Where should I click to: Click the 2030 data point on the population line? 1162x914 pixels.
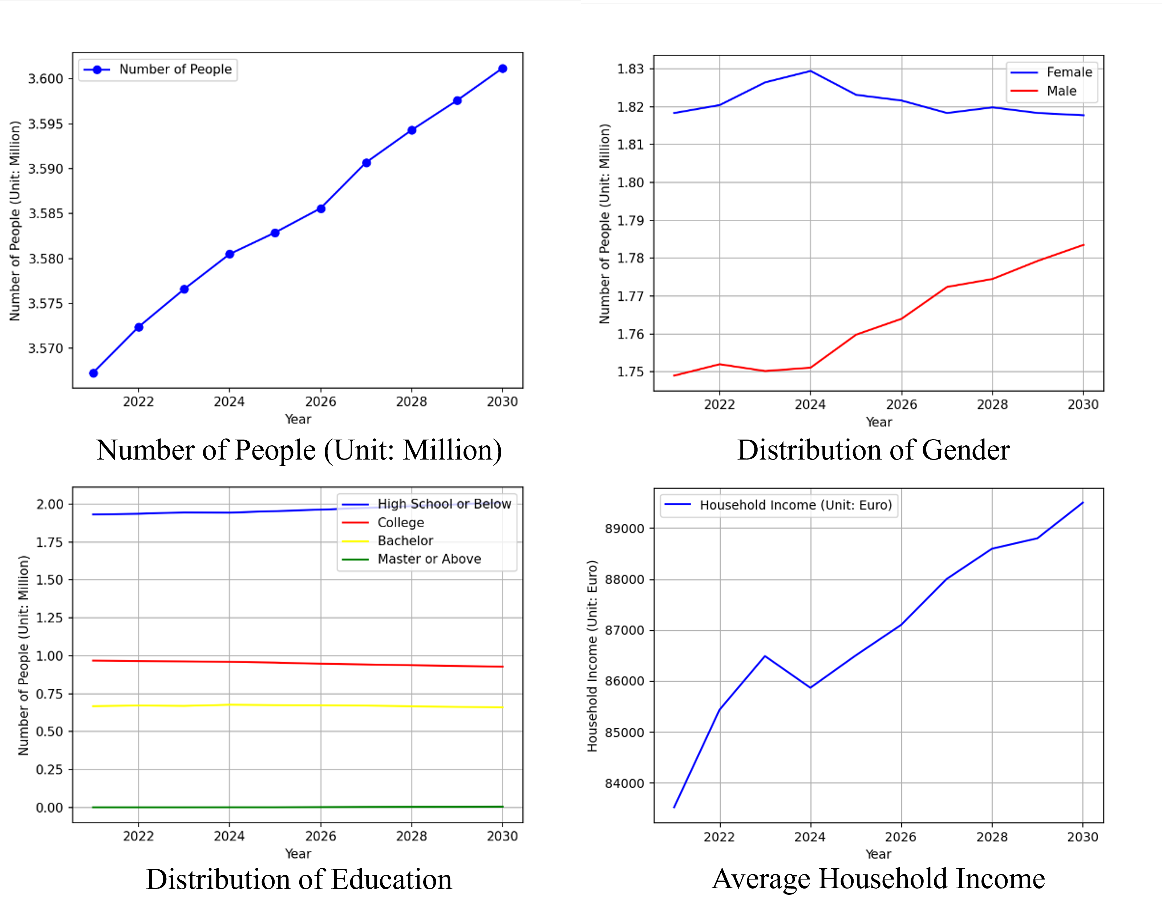(502, 69)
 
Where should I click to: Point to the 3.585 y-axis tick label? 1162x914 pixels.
(45, 214)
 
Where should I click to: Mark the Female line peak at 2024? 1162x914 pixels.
(810, 70)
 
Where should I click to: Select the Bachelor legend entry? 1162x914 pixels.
(405, 541)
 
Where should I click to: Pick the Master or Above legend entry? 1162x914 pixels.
(429, 559)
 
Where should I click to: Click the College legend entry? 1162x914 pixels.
(401, 522)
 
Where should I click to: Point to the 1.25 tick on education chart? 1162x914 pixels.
(49, 618)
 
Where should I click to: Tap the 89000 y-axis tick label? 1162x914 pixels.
(624, 529)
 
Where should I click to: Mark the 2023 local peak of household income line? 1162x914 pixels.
(765, 656)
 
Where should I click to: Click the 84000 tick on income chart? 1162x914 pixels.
(624, 784)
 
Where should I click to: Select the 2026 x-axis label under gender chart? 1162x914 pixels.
(902, 405)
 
